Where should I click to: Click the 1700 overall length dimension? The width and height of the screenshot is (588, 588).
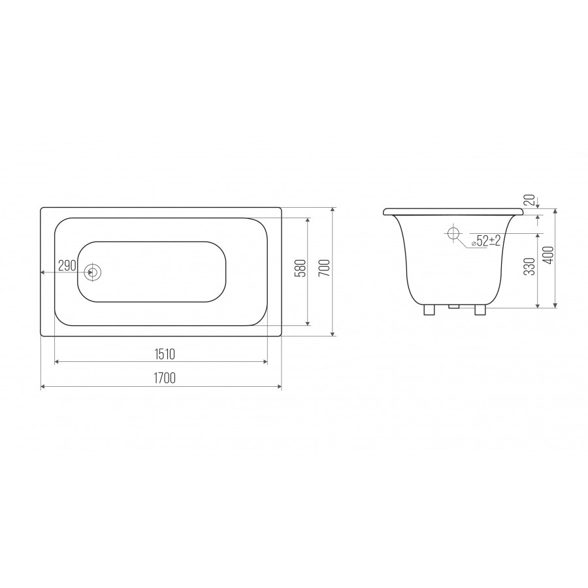click(x=165, y=378)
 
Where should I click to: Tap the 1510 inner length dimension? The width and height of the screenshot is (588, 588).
click(x=165, y=354)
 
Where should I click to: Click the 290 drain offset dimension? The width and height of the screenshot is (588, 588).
click(x=67, y=265)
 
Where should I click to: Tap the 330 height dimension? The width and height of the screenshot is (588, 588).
click(x=529, y=267)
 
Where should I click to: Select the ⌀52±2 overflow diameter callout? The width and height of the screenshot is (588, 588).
click(x=486, y=240)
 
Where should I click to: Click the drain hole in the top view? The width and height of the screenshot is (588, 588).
click(x=92, y=272)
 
